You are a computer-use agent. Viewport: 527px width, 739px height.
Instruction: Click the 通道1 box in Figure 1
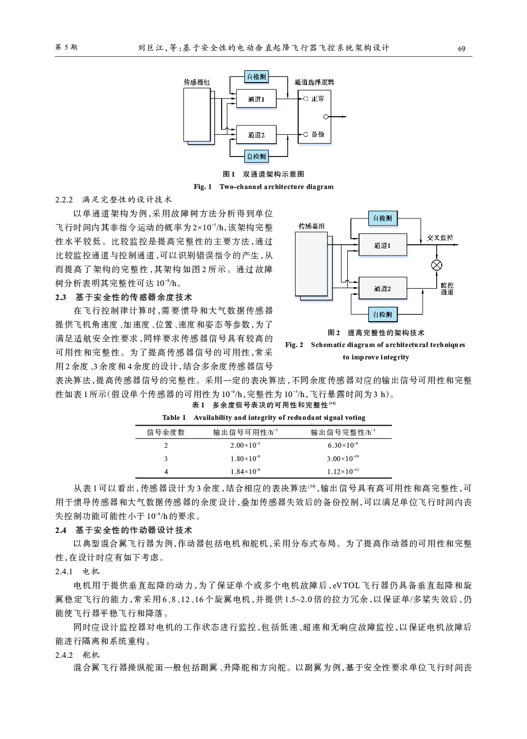256,99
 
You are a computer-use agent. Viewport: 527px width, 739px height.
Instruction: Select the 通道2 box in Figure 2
382,288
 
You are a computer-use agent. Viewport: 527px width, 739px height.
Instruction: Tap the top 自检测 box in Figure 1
256,77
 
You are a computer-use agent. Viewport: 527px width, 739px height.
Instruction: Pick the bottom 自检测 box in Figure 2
382,315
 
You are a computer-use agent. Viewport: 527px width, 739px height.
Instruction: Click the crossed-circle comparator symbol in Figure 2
437,265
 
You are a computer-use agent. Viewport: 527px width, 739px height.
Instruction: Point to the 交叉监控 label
440,238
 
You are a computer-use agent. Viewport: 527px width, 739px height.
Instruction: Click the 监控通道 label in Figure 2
447,289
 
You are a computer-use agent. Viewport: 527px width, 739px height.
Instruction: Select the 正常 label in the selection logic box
318,98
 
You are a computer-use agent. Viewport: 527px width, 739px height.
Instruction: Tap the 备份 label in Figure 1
318,134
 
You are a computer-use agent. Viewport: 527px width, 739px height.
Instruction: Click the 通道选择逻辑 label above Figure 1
314,82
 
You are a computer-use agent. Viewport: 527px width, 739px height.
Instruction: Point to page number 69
462,49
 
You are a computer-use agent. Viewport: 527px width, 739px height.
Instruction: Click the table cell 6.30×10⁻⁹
343,445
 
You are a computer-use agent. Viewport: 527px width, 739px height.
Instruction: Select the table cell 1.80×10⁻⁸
245,458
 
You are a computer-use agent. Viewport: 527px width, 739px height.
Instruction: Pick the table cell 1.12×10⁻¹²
343,471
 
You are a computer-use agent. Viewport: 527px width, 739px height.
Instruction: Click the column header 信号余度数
166,432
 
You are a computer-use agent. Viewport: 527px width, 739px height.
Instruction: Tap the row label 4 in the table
166,472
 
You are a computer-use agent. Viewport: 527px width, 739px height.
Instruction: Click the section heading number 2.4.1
64,572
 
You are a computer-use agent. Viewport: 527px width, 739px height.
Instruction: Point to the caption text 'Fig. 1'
203,187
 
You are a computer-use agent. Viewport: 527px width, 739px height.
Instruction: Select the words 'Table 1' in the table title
174,418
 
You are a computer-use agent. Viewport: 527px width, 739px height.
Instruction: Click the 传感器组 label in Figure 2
312,226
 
